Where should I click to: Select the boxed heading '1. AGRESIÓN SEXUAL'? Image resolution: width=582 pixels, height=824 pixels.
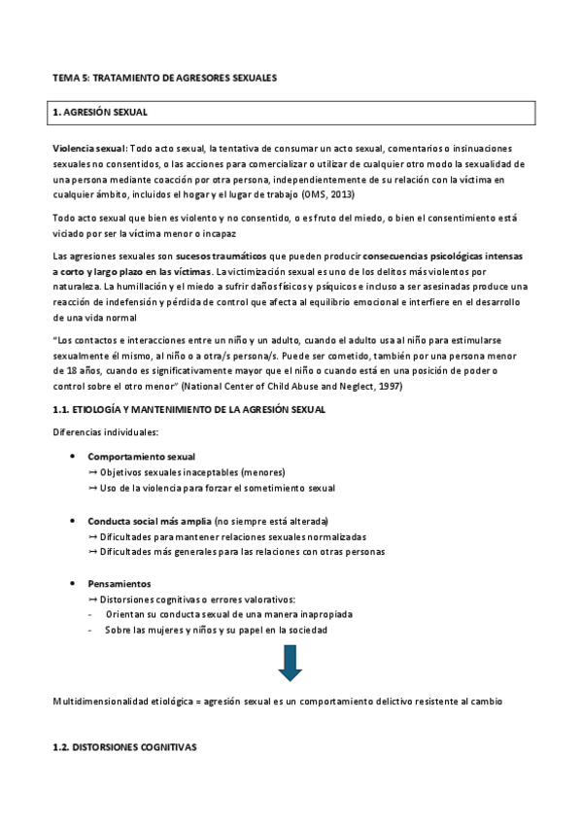click(100, 113)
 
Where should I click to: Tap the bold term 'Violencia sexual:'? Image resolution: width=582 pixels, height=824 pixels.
click(89, 149)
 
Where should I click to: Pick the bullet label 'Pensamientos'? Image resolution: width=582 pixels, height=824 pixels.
click(119, 584)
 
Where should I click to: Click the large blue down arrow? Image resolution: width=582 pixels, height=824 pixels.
click(291, 661)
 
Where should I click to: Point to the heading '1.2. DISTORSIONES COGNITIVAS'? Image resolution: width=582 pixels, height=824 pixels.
click(123, 748)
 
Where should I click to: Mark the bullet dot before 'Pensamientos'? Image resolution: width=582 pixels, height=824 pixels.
click(74, 584)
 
